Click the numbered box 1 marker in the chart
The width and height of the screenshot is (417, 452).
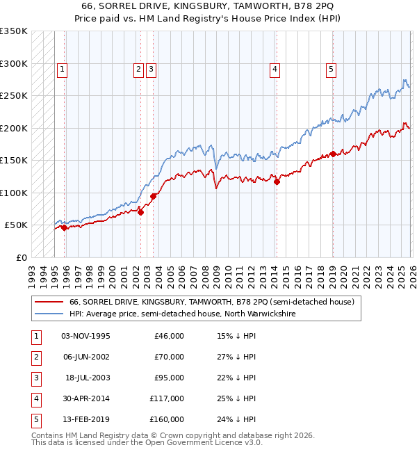click(x=63, y=69)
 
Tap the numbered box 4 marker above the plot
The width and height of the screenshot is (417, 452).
click(x=275, y=69)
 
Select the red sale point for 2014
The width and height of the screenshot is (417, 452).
click(x=277, y=182)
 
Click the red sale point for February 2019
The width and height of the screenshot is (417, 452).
click(x=332, y=154)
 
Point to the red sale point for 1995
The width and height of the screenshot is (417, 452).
click(x=64, y=227)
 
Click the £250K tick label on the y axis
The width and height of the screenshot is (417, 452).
click(x=14, y=95)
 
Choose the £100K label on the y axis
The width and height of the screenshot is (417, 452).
click(x=14, y=193)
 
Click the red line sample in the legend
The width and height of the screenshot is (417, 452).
click(x=49, y=302)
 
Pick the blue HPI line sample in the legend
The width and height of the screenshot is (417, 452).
click(x=49, y=314)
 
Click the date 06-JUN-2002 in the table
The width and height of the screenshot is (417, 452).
click(x=85, y=357)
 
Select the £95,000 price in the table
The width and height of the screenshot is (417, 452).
click(x=169, y=378)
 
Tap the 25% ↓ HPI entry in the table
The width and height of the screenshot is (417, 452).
click(x=236, y=398)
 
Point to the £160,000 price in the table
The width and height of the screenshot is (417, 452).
click(x=167, y=419)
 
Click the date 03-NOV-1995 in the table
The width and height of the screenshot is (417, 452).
click(x=85, y=336)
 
